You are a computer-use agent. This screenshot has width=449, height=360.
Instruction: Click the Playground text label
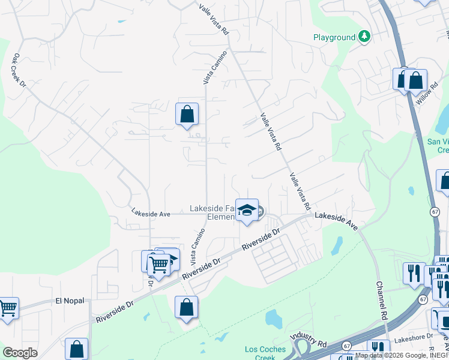click(x=334, y=37)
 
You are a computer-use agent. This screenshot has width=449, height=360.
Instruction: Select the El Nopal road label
click(x=67, y=301)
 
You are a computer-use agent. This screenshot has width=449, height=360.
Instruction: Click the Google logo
click(x=20, y=352)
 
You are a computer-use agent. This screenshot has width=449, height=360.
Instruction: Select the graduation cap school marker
click(x=246, y=210)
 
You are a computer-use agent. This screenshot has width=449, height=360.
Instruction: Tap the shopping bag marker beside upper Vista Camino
click(x=187, y=114)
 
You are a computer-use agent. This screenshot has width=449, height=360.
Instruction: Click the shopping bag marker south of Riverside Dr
click(x=187, y=307)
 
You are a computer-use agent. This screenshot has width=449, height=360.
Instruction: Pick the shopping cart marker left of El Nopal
click(x=8, y=308)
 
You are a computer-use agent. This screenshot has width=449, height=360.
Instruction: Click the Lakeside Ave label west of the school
click(x=151, y=213)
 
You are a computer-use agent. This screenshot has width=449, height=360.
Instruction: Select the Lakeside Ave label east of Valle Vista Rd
click(x=337, y=220)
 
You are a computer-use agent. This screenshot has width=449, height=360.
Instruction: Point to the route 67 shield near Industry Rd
click(x=347, y=346)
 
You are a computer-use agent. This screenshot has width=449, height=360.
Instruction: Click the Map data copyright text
click(x=401, y=355)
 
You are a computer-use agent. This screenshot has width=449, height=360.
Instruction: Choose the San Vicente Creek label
click(x=438, y=146)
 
